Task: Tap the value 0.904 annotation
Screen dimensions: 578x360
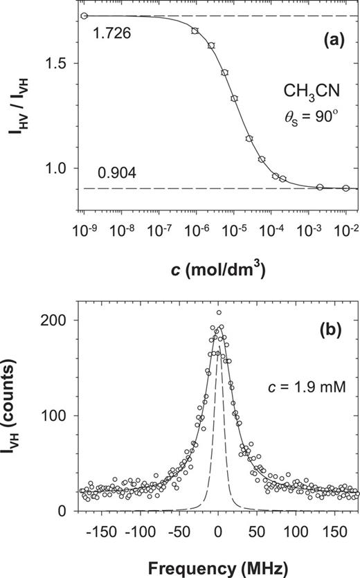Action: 107,172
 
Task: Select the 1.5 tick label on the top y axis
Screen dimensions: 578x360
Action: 58,63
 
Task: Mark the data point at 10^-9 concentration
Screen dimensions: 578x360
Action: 84,16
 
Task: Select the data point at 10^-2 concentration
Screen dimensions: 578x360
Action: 345,188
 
